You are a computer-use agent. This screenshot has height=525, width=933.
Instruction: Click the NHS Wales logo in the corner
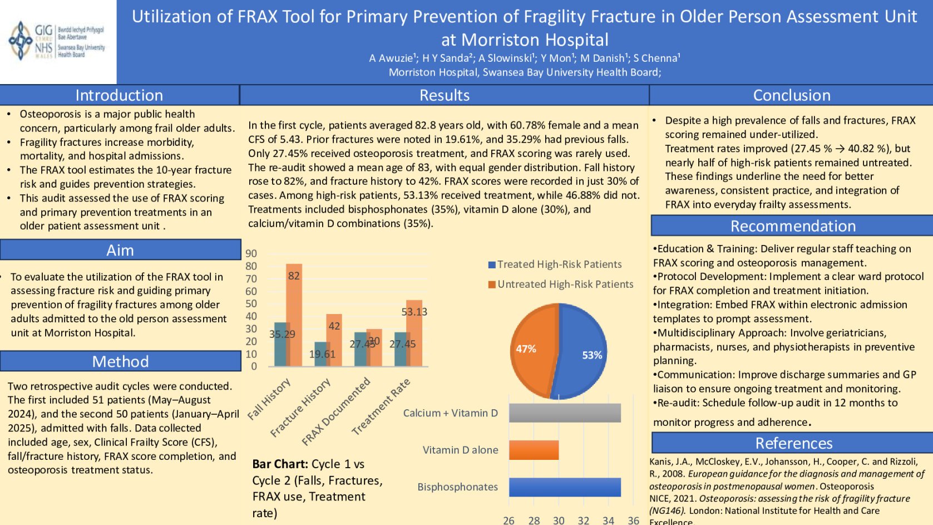pyautogui.click(x=57, y=41)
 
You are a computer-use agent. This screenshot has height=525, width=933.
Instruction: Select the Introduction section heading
pyautogui.click(x=119, y=95)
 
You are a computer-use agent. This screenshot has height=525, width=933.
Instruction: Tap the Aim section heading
pyautogui.click(x=120, y=250)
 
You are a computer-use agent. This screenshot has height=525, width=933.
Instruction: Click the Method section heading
pyautogui.click(x=120, y=361)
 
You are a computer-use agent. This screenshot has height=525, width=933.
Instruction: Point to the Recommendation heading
pyautogui.click(x=792, y=226)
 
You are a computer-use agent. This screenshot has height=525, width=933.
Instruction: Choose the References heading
pyautogui.click(x=793, y=443)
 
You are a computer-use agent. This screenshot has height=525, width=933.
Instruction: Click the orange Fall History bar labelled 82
pyautogui.click(x=294, y=315)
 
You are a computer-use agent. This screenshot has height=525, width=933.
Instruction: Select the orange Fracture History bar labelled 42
pyautogui.click(x=334, y=340)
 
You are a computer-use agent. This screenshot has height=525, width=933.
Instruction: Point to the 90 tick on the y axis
pyautogui.click(x=251, y=253)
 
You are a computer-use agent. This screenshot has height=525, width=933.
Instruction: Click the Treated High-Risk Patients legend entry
pyautogui.click(x=555, y=264)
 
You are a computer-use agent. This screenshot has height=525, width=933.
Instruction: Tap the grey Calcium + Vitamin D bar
pyautogui.click(x=564, y=413)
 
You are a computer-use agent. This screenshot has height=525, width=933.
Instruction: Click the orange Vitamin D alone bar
pyautogui.click(x=533, y=450)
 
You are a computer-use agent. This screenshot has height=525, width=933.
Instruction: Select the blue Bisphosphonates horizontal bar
pyautogui.click(x=564, y=487)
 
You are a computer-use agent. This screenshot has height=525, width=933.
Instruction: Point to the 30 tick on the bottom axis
pyautogui.click(x=559, y=520)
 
